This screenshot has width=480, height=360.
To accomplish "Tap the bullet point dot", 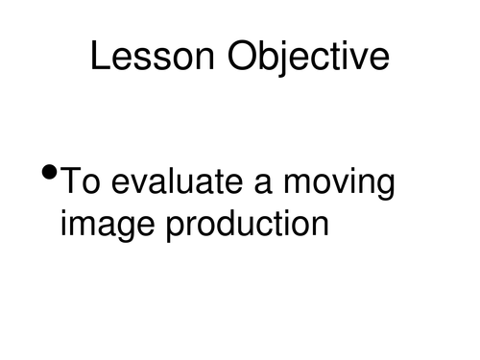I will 50,175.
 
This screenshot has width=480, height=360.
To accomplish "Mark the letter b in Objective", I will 275,57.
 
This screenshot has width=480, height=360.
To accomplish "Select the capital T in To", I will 71,181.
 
